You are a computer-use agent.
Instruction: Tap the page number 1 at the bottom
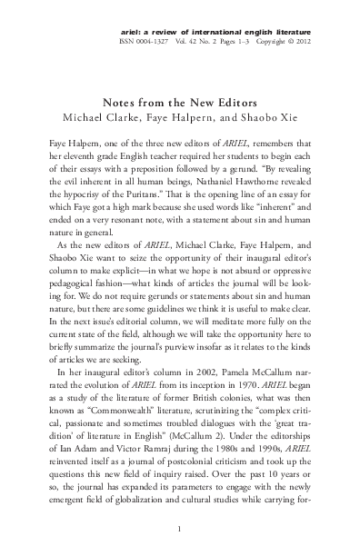180,528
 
